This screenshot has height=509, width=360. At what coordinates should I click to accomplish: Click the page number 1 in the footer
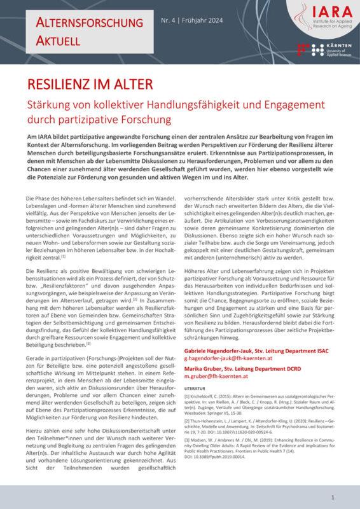333,497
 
